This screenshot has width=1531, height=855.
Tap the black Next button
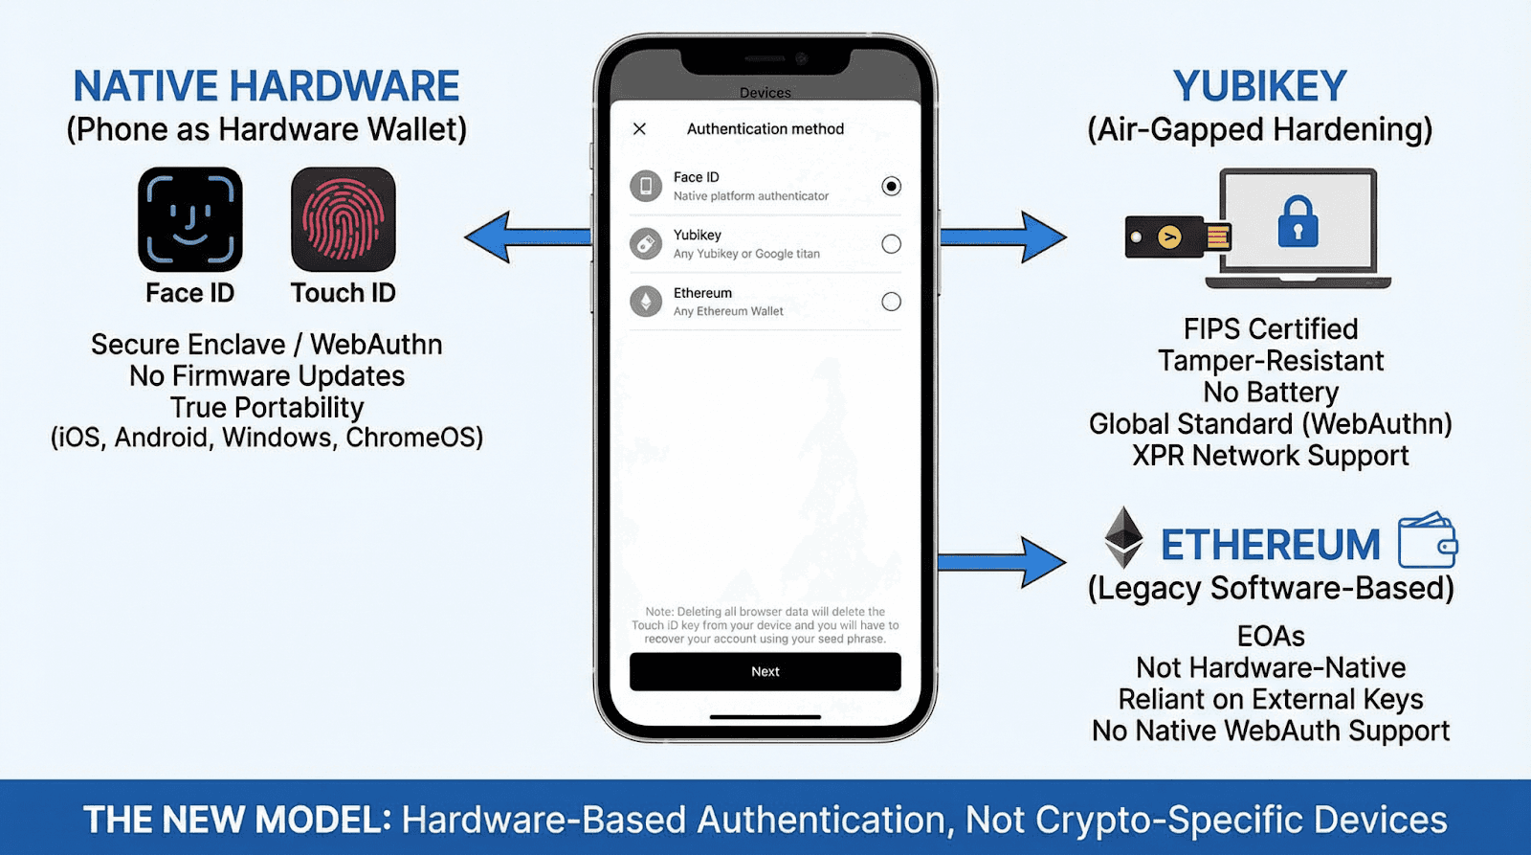pos(765,671)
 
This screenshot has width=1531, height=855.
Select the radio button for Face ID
pos(891,186)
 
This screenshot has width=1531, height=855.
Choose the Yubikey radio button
pos(891,244)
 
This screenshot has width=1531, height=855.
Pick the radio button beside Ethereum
pos(891,302)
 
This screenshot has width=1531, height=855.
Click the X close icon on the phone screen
pos(639,128)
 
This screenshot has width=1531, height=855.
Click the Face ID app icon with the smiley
pos(189,219)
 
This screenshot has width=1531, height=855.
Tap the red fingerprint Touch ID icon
pos(343,219)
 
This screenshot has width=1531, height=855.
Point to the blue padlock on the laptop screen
pos(1298,222)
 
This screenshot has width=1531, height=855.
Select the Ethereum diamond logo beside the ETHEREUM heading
pos(1123,537)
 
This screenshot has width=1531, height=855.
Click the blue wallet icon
pos(1427,541)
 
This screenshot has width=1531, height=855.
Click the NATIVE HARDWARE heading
pos(266,86)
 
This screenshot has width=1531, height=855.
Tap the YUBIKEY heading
pos(1259,86)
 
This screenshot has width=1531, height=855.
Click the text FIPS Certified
pos(1270,328)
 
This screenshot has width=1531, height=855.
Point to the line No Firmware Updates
pos(267,375)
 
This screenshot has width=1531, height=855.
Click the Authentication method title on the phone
pos(765,128)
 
